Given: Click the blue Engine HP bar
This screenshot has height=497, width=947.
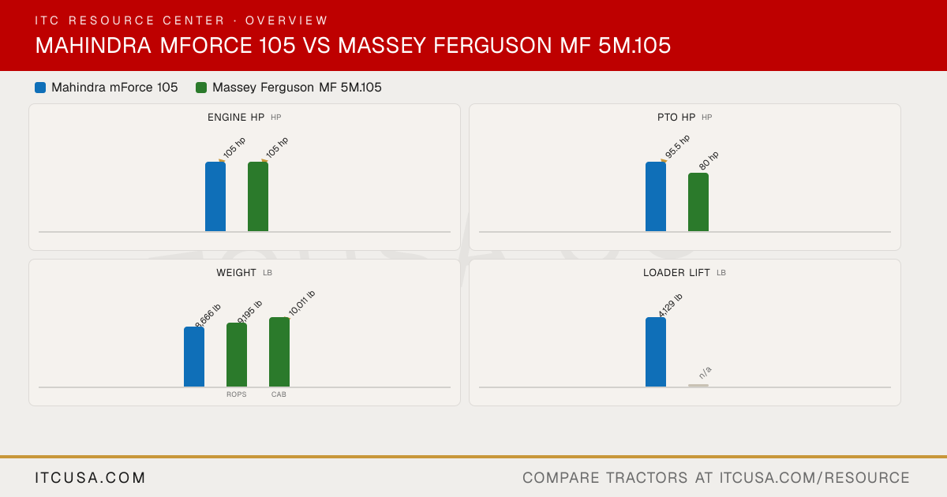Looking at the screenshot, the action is [215, 196].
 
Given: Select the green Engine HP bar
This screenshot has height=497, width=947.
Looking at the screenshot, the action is [258, 196].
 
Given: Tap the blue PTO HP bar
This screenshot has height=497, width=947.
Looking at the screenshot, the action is [656, 196].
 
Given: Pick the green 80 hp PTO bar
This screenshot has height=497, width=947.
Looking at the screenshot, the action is [698, 202].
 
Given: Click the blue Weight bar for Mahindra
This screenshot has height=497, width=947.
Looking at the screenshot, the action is [194, 357].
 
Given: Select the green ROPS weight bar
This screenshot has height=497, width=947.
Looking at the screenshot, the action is [237, 355].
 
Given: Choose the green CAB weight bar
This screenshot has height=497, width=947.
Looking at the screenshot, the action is [279, 352].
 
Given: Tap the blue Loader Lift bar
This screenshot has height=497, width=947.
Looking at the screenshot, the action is [656, 352].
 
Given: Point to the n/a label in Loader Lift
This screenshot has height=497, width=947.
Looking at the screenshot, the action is [706, 372].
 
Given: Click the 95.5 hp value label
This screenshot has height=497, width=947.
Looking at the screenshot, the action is [677, 146].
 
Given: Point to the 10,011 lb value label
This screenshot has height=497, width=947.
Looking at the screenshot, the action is [301, 303].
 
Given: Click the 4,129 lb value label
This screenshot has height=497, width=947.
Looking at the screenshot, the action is [671, 305].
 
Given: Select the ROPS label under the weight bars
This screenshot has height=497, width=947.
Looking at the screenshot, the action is [236, 394].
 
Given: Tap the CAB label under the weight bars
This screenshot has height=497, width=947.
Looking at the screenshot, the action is [279, 394].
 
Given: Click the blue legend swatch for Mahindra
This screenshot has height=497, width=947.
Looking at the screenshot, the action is [40, 88].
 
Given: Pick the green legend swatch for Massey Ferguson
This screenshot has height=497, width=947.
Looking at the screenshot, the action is [201, 88].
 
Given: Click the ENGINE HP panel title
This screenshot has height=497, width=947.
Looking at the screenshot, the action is [236, 117].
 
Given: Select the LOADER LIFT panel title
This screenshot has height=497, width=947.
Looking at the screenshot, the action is [676, 273].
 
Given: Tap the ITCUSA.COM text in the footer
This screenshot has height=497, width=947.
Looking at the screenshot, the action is [90, 477].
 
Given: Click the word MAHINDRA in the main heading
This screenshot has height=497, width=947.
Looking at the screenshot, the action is [93, 45].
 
